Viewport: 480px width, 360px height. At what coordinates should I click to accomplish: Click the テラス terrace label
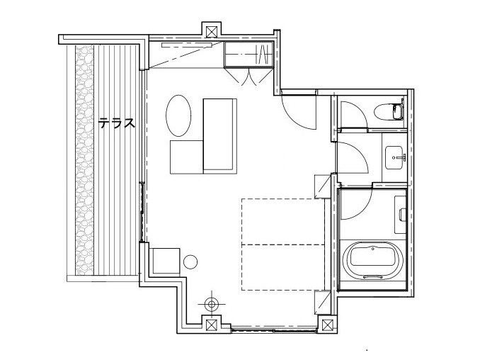point(116,123)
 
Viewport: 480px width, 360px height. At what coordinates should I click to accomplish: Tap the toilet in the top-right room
point(389,111)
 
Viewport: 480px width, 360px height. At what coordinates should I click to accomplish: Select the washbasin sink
point(394,157)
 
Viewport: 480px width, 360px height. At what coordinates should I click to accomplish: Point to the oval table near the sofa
point(178,116)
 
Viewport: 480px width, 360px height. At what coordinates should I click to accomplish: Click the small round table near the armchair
point(190,262)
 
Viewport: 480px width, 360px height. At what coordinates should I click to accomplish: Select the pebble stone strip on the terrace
point(84,159)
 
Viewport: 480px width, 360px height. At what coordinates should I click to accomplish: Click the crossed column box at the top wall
point(211,32)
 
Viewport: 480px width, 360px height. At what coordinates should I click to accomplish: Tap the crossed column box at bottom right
point(328,325)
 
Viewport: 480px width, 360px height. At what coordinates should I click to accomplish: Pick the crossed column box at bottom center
point(211,325)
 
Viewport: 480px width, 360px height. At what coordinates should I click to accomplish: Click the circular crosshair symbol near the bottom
point(211,304)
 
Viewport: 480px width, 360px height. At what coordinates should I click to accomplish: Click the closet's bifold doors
point(248,77)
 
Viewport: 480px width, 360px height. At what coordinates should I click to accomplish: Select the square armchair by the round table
point(164,260)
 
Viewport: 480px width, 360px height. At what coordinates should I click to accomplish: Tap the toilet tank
point(399,111)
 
